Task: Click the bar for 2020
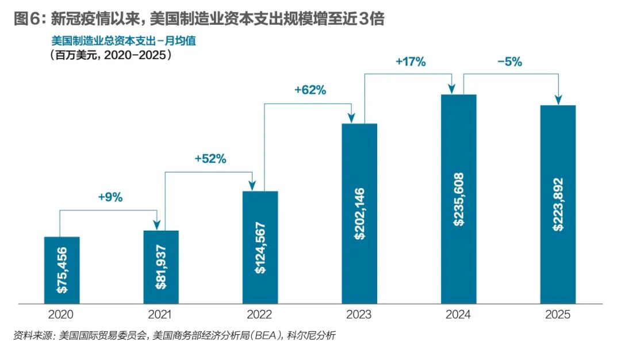pyautogui.click(x=62, y=270)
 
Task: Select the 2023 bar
pyautogui.click(x=359, y=213)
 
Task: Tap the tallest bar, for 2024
pyautogui.click(x=459, y=199)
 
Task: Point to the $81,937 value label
pyautogui.click(x=161, y=267)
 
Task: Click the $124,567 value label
pyautogui.click(x=260, y=248)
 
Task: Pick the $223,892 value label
pyautogui.click(x=558, y=204)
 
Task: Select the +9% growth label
pyautogui.click(x=110, y=197)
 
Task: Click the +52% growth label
pyautogui.click(x=210, y=159)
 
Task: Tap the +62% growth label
pyautogui.click(x=310, y=90)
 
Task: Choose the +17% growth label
pyautogui.click(x=411, y=62)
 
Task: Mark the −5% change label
pyautogui.click(x=509, y=62)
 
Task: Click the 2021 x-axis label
pyautogui.click(x=160, y=315)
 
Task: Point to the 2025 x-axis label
pyautogui.click(x=558, y=315)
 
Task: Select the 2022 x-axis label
pyautogui.click(x=259, y=315)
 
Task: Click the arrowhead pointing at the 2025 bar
pyautogui.click(x=558, y=100)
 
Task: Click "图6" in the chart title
pyautogui.click(x=27, y=18)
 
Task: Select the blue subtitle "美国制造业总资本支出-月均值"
pyautogui.click(x=124, y=41)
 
